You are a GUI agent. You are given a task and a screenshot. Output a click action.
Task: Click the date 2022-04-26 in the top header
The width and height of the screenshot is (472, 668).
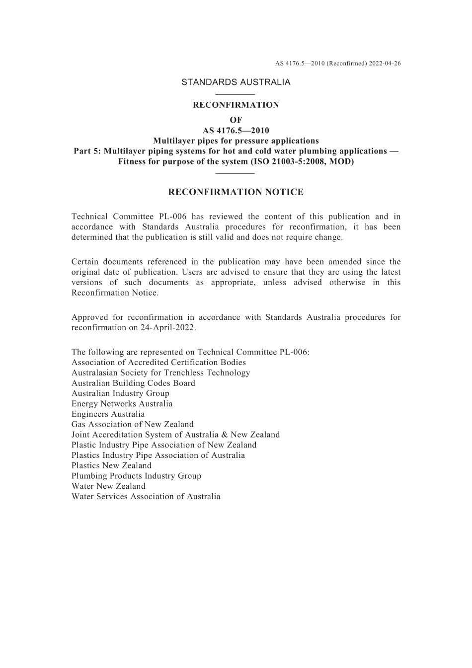[x=385, y=64]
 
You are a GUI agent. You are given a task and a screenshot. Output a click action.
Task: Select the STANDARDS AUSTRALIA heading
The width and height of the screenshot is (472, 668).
[x=236, y=82]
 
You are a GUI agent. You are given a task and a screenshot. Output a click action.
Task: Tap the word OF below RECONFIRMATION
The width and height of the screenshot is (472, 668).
[x=236, y=120]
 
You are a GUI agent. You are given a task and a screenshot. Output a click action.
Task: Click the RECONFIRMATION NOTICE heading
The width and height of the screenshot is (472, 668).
[x=236, y=192]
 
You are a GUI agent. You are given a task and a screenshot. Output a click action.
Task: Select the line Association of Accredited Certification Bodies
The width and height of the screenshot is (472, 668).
[x=158, y=362]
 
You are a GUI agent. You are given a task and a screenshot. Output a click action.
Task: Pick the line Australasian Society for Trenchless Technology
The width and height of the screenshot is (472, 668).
[x=160, y=372]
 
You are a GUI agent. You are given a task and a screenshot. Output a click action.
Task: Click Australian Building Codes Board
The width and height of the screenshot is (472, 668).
[x=133, y=383]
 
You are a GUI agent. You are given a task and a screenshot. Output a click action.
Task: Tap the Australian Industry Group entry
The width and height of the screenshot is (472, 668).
[x=120, y=393]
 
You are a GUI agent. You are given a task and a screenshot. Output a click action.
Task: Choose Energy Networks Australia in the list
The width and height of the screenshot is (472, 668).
[x=122, y=404]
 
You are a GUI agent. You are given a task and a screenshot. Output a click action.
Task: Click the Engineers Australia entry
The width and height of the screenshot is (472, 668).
[x=108, y=414]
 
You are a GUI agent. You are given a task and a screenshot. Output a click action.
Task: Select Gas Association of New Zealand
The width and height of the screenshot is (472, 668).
[x=132, y=424]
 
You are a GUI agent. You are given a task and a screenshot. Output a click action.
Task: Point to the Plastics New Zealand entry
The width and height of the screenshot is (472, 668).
[x=111, y=465]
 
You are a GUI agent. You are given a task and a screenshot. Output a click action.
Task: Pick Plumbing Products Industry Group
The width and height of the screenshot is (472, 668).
[x=136, y=476]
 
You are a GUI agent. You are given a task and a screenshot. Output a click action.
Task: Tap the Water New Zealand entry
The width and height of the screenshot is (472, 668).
[x=108, y=486]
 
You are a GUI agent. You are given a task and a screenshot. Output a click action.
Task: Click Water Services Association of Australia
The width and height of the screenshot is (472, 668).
[x=146, y=497]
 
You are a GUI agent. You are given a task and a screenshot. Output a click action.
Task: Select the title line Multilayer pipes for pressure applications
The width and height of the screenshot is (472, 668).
[x=236, y=141]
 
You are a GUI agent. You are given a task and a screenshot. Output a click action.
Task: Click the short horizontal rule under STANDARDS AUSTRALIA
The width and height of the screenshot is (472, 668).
[x=236, y=94]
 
